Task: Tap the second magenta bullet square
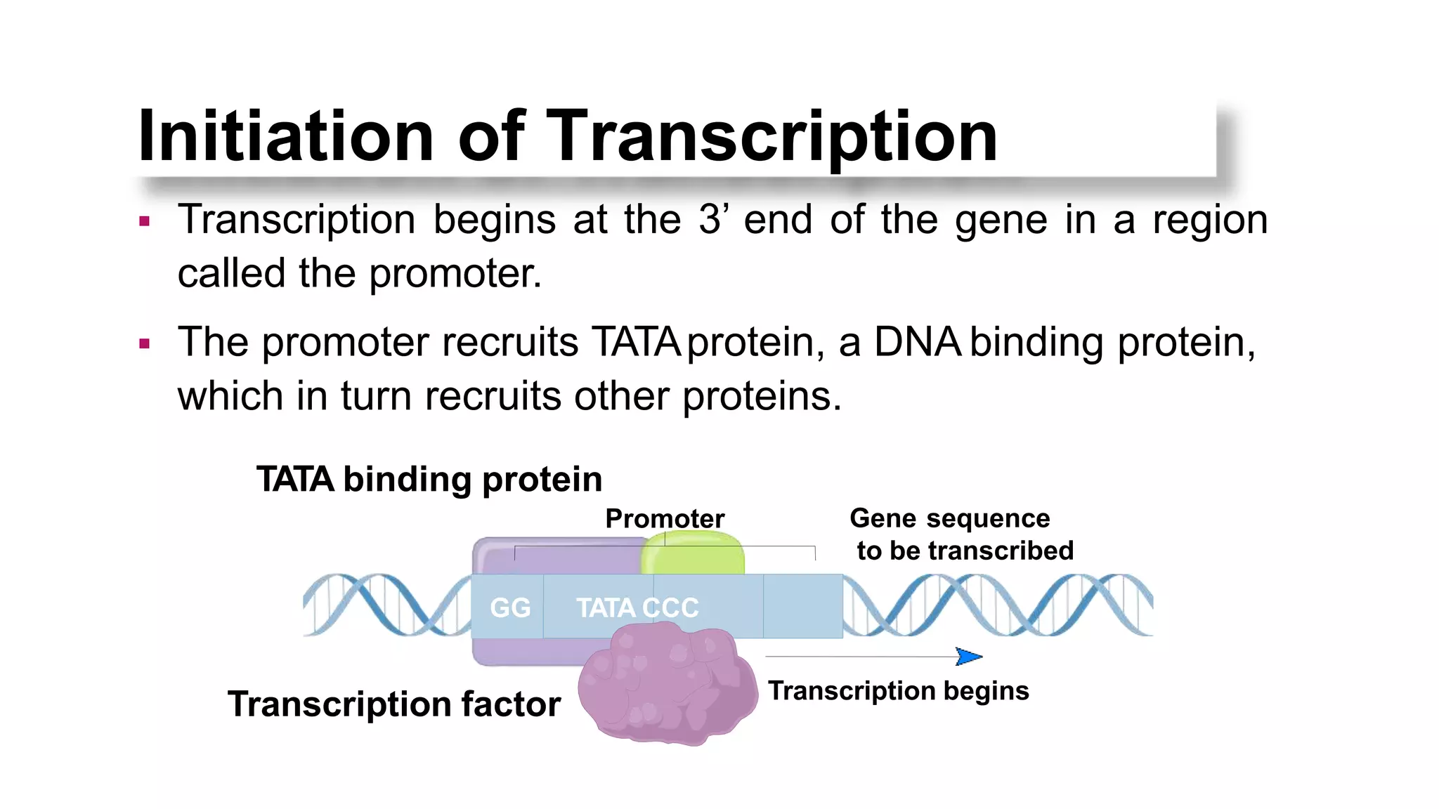(145, 344)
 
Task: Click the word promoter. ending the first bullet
(455, 274)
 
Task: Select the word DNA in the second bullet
(918, 343)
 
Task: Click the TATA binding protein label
(429, 480)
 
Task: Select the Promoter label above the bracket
(665, 519)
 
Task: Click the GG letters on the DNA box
(510, 607)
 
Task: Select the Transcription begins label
(898, 691)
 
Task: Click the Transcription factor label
(394, 704)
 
